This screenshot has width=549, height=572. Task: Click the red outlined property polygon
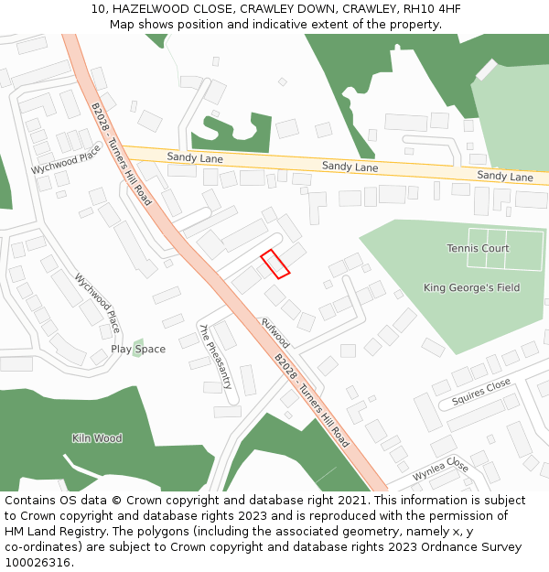[x=275, y=264]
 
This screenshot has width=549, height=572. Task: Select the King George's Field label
[x=471, y=287]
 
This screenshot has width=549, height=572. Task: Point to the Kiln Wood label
[x=97, y=438]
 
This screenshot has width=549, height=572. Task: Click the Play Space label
[x=138, y=350]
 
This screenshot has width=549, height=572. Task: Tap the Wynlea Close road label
[x=440, y=471]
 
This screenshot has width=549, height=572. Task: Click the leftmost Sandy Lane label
[x=195, y=158]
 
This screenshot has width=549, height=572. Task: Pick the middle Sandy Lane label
[x=350, y=167]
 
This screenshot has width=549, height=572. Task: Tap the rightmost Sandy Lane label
[x=505, y=176]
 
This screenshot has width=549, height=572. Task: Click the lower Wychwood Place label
[x=97, y=303]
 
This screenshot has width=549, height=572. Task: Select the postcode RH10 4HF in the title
[x=431, y=9]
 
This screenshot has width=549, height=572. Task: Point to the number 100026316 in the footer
[x=37, y=562]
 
